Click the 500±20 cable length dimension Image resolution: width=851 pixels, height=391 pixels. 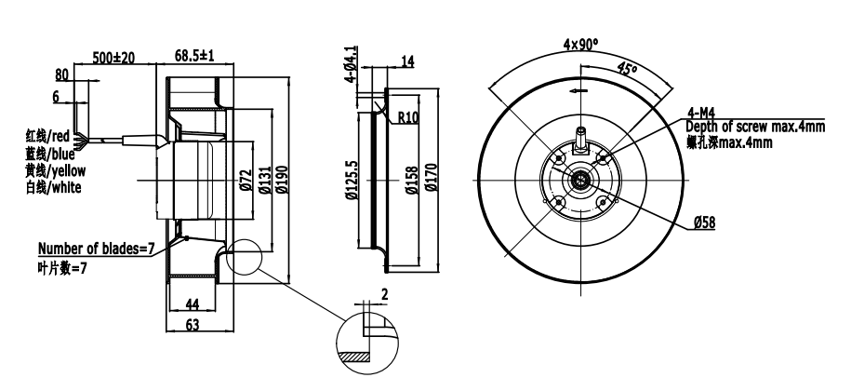coord(113,57)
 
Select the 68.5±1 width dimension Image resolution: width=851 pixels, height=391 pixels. coord(194,56)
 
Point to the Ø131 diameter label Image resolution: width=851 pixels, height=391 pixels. coord(264,180)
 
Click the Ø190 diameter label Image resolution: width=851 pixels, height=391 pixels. coord(281,180)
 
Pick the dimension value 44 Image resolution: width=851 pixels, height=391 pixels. coord(193,303)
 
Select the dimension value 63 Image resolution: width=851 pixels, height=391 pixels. coord(193,325)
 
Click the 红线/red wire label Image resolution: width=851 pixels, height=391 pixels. coord(47,135)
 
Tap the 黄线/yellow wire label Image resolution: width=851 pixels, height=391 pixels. coord(56,170)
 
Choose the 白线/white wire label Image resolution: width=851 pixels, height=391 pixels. coord(53,188)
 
